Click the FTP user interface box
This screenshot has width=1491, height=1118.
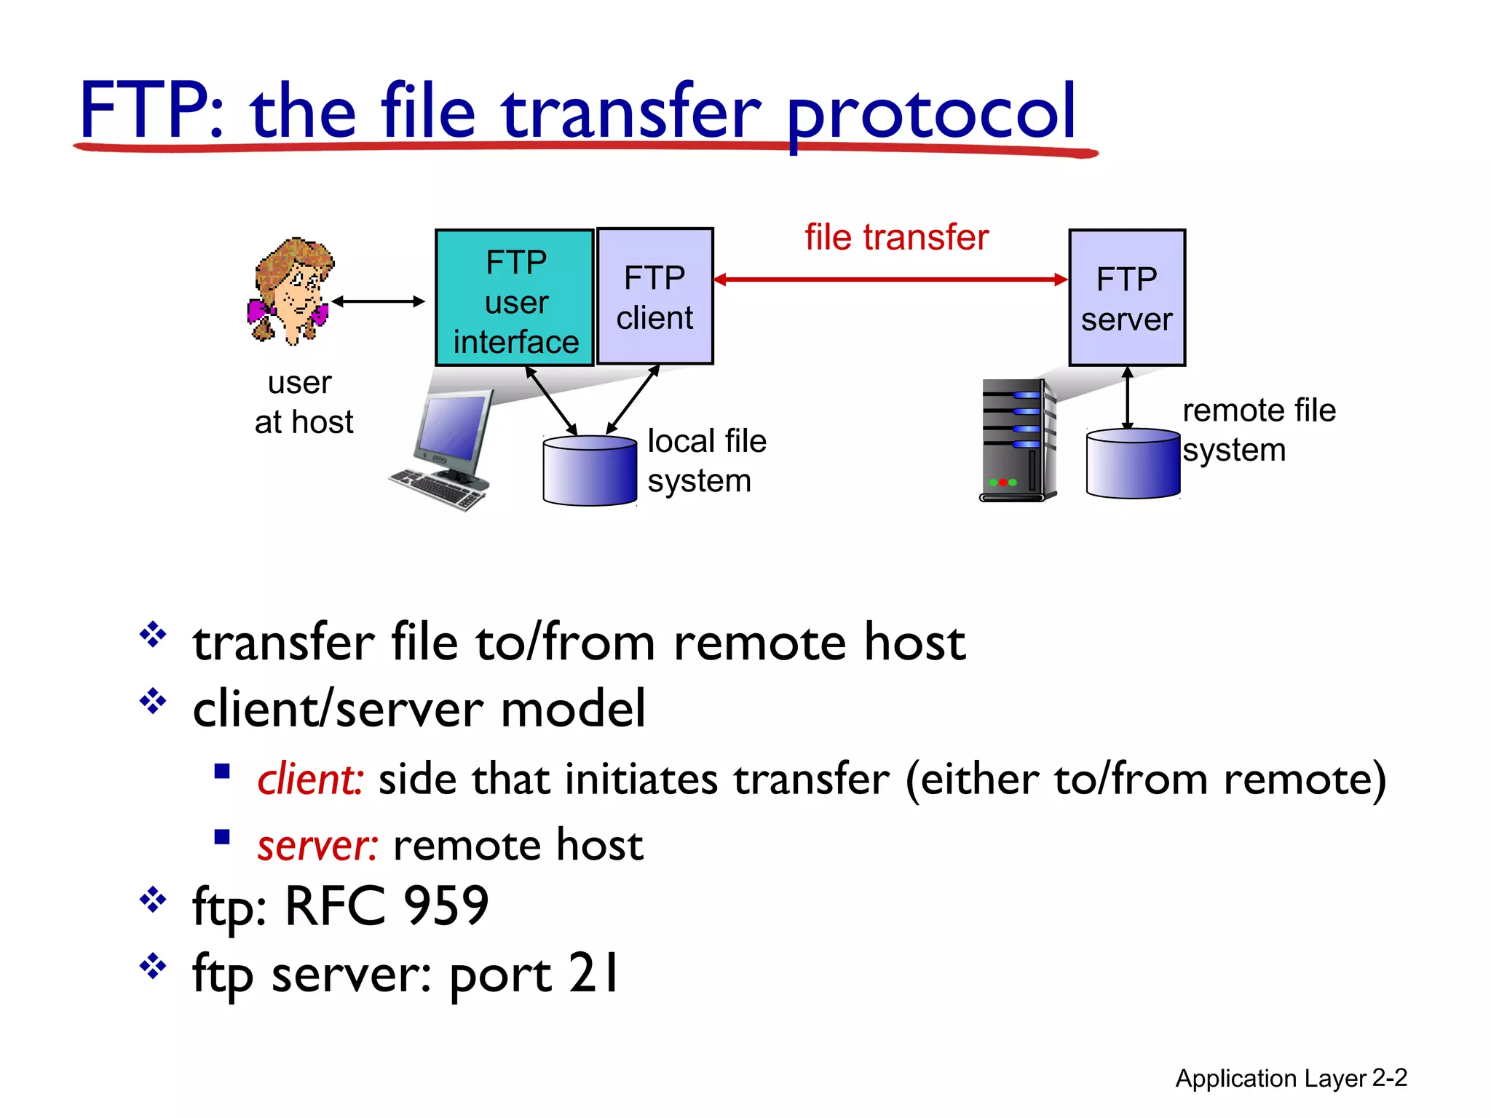515,298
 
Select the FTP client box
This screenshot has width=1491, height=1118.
654,297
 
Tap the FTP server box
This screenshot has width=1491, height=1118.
1126,298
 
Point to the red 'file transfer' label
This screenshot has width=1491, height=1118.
896,237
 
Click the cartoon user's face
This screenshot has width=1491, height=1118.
295,291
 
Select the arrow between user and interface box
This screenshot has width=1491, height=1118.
378,301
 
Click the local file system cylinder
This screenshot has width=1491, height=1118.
590,471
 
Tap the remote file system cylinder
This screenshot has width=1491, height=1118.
1132,464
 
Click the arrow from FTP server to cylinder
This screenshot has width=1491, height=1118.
1127,398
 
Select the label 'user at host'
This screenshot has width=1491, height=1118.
303,403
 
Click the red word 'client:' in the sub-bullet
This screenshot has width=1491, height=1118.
309,780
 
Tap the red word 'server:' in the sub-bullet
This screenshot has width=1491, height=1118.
317,846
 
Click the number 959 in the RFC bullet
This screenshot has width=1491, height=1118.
446,906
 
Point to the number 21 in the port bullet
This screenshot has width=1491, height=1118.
593,973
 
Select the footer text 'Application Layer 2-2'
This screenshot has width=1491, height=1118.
1291,1078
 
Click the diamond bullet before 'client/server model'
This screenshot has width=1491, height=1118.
153,702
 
